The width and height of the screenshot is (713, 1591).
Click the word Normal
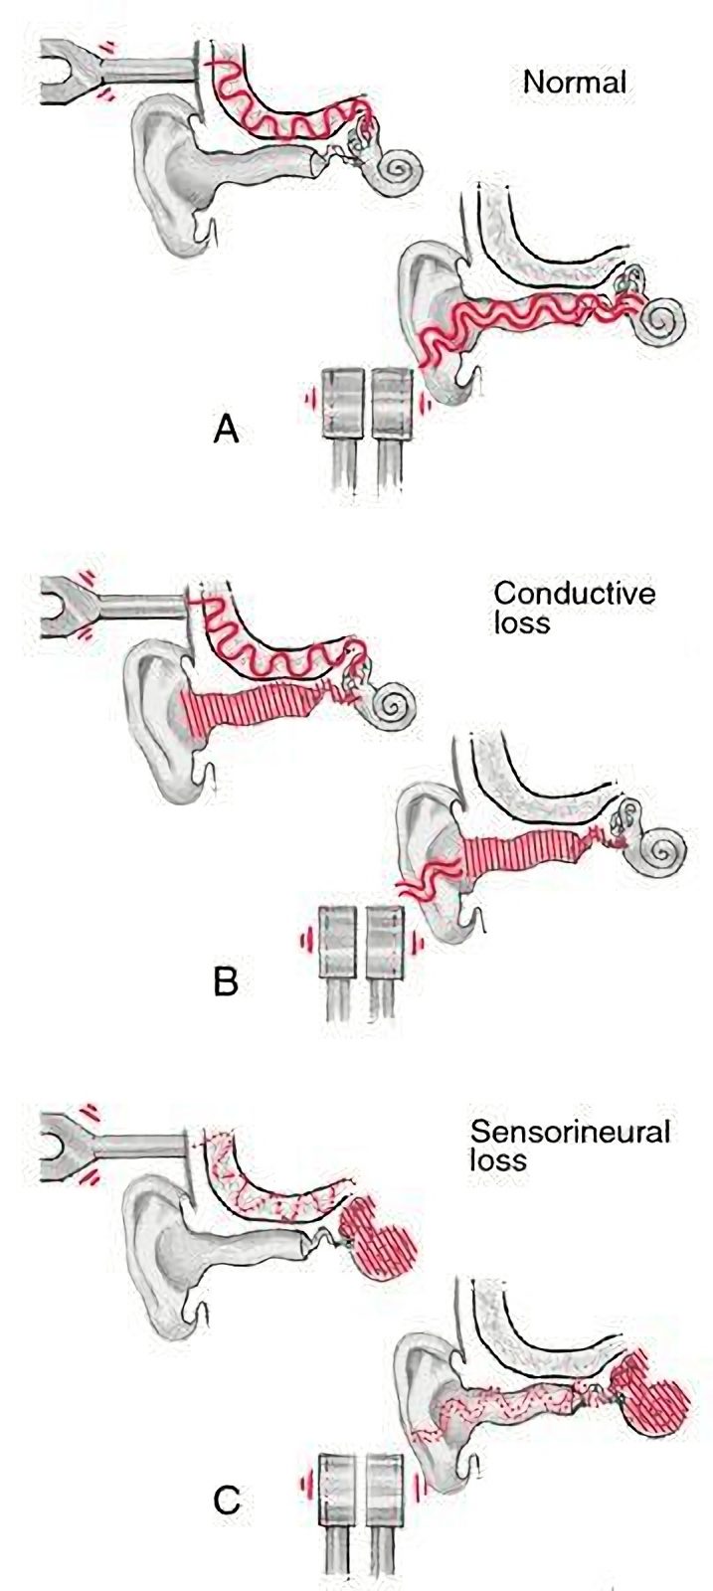click(575, 83)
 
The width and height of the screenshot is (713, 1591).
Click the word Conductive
click(575, 593)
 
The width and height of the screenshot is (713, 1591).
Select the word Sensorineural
click(570, 1132)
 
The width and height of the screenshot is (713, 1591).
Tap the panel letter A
click(226, 429)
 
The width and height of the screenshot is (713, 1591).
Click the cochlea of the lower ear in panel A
click(662, 321)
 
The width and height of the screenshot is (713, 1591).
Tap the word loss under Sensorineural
click(498, 1160)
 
